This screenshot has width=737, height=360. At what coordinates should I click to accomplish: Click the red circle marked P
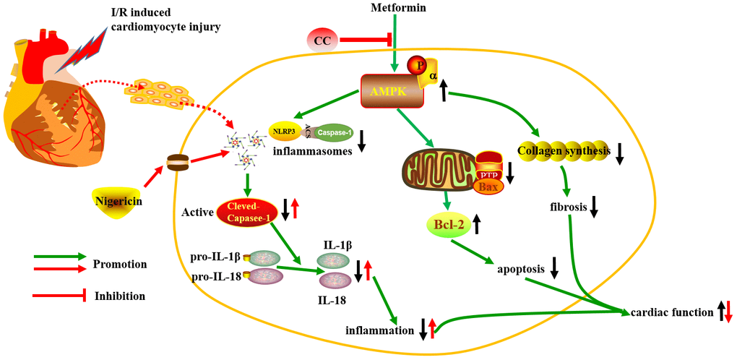418,66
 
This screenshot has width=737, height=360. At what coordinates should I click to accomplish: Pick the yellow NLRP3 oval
284,132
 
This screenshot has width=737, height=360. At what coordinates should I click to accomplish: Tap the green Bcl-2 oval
447,223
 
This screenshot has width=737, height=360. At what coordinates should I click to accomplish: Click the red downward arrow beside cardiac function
728,312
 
